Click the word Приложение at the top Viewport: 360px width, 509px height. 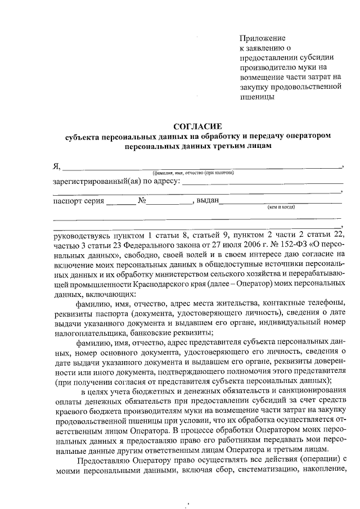(263, 37)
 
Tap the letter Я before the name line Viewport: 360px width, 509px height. (56, 166)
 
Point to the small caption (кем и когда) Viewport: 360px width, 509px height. (281, 206)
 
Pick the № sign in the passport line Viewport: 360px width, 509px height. (142, 201)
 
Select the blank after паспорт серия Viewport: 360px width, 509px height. (118, 201)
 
